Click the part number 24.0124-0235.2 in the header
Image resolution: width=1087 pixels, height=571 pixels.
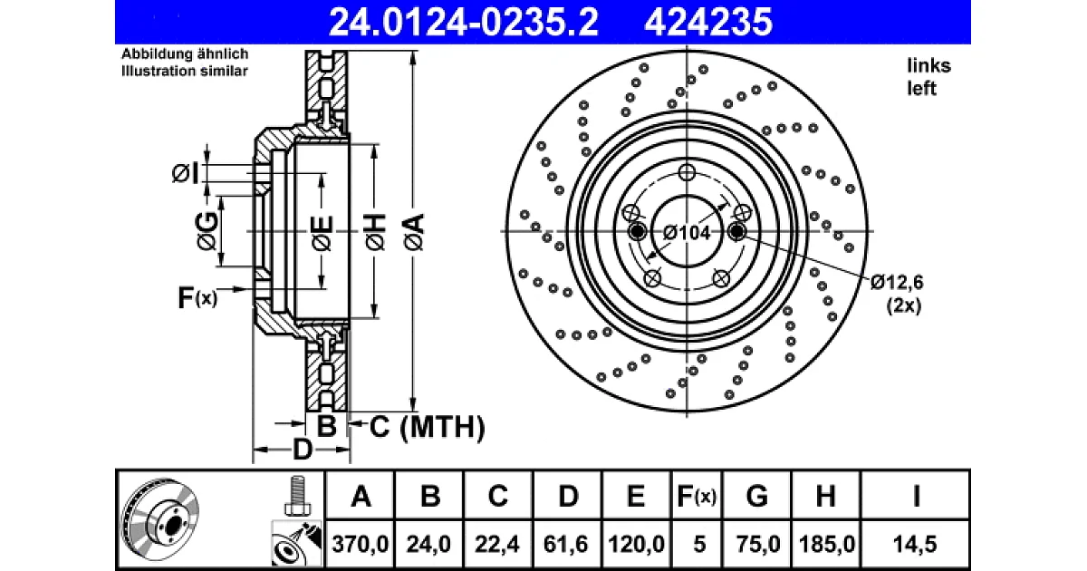[464, 23]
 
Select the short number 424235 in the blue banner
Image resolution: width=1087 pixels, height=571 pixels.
[708, 23]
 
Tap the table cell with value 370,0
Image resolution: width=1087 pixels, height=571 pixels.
[361, 545]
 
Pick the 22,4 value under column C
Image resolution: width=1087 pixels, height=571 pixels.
[497, 545]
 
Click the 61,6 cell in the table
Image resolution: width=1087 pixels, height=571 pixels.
[566, 545]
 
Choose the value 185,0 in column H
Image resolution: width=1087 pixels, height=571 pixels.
[826, 545]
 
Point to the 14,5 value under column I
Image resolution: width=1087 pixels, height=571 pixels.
[915, 545]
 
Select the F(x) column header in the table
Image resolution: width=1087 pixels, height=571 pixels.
[697, 497]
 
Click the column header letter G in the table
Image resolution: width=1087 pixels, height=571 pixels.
[756, 497]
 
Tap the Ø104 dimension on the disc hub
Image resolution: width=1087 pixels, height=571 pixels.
[687, 233]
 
